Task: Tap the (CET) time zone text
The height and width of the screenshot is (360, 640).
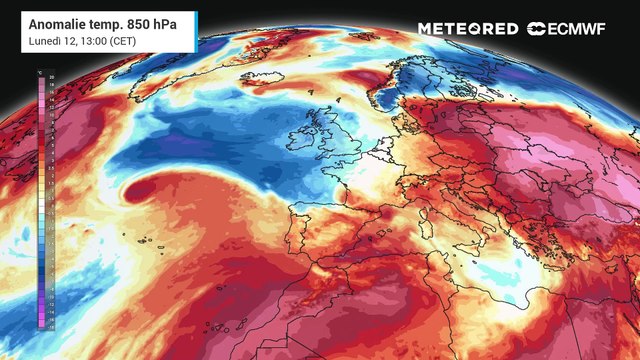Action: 121,41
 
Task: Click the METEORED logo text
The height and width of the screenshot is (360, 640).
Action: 468,29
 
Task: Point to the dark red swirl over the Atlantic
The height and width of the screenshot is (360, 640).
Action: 140,186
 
